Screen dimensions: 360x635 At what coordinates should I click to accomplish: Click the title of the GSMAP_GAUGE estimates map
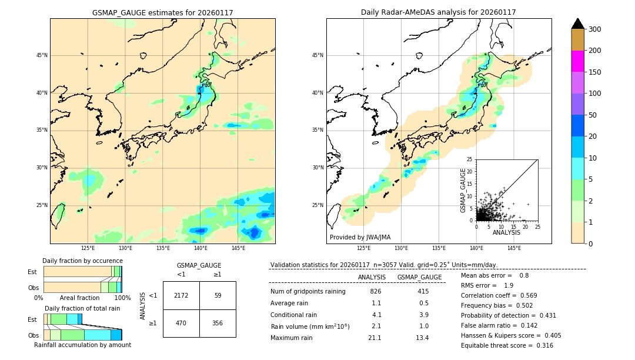(162, 12)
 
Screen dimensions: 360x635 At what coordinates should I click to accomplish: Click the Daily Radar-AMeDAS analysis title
(438, 12)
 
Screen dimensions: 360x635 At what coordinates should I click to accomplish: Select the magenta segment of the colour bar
(577, 61)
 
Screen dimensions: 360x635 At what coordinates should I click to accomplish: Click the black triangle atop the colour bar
(577, 24)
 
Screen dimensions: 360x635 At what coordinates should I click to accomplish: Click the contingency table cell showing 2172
(181, 295)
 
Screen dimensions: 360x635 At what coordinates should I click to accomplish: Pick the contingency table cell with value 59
(218, 295)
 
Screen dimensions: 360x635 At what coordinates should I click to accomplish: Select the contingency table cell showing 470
(181, 323)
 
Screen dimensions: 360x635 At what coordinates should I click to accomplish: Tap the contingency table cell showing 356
(218, 323)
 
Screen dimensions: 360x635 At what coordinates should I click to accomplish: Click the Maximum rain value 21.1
(375, 338)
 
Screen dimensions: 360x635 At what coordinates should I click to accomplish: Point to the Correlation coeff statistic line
(499, 295)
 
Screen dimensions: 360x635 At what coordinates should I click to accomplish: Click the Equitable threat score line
(507, 345)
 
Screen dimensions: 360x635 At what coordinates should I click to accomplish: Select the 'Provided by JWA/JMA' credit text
(360, 237)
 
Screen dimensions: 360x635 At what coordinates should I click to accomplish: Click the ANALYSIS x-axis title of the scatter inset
(506, 232)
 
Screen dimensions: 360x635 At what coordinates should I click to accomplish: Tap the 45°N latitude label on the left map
(41, 55)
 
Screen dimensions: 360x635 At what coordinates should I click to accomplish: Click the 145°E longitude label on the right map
(514, 248)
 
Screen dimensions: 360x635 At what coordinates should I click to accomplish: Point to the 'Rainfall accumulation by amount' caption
(82, 345)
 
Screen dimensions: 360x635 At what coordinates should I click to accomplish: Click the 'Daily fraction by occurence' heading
(81, 261)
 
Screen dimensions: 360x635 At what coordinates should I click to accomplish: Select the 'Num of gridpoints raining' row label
(308, 291)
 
